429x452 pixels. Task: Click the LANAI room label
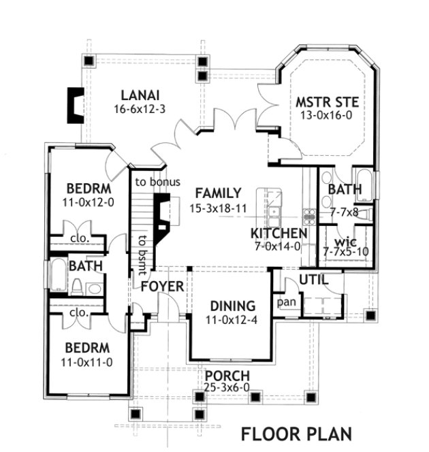tap(141, 95)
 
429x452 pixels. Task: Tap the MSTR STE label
tap(327, 103)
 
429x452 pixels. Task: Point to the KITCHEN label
tap(279, 233)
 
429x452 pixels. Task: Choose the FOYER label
tap(162, 286)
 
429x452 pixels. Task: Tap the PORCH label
tap(227, 376)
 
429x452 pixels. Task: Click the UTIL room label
tap(313, 280)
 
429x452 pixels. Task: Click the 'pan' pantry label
tap(285, 301)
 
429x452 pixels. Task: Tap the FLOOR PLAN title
tap(296, 433)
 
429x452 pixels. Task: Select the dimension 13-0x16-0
tap(327, 116)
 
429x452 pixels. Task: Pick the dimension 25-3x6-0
tap(227, 388)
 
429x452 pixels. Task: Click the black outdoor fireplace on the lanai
tap(74, 106)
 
